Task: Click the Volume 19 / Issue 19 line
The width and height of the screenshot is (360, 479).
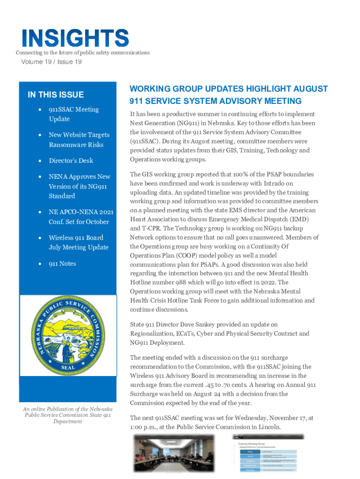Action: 51,62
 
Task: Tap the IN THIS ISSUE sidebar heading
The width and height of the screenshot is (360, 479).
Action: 56,95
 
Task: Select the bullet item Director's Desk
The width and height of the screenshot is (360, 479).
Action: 71,160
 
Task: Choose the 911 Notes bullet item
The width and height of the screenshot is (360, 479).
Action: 62,263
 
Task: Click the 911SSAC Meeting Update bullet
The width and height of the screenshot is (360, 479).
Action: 73,114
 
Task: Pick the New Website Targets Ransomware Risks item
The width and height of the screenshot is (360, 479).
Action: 79,139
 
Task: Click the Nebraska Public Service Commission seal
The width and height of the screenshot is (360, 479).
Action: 68,335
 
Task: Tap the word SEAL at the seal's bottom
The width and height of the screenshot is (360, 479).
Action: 68,367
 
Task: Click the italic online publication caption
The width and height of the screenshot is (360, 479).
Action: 68,415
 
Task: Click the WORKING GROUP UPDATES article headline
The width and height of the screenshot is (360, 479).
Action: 229,94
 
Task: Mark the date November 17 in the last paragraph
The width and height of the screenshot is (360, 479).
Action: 285,418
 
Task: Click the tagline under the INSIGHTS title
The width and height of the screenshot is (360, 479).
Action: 83,52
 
